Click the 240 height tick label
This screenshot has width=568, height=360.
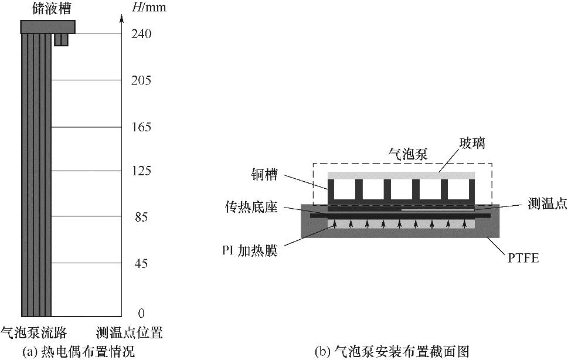[x=141, y=33]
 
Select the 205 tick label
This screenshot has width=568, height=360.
[x=141, y=80]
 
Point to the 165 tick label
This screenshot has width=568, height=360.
[x=141, y=127]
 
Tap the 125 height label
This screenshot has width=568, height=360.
[x=141, y=171]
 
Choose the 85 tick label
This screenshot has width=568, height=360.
[x=141, y=217]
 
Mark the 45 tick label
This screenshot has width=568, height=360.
[x=141, y=263]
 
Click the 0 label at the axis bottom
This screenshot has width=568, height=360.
[x=141, y=313]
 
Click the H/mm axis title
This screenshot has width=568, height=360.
[x=149, y=7]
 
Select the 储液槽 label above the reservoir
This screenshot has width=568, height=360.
[x=51, y=8]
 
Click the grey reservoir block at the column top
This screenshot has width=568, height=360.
[x=48, y=27]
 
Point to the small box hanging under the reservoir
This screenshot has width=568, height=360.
[x=61, y=40]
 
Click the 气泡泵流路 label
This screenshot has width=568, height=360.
[x=33, y=332]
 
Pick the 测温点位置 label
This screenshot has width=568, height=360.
[x=130, y=332]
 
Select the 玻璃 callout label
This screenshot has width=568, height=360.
[x=472, y=143]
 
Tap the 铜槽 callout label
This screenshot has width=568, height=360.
[x=264, y=175]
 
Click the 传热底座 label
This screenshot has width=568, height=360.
[x=251, y=207]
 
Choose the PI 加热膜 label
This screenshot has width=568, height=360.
[x=250, y=250]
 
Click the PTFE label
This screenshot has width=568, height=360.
[x=523, y=258]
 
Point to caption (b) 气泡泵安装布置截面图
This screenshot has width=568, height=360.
[x=392, y=351]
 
